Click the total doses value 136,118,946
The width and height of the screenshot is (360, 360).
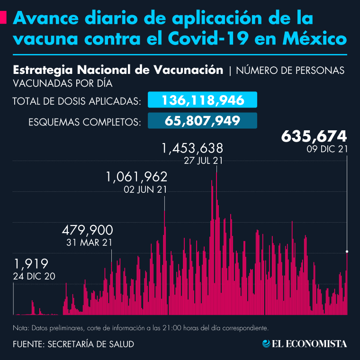click(203, 100)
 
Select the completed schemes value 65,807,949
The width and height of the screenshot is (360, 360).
click(203, 120)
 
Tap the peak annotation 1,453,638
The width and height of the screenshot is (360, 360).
click(192, 149)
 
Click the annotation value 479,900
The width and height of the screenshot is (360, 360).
click(87, 231)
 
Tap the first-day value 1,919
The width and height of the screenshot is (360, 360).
click(31, 264)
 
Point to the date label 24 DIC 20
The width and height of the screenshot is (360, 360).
click(35, 275)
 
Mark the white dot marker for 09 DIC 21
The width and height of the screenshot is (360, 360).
click(347, 251)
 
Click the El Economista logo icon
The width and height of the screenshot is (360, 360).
click(266, 344)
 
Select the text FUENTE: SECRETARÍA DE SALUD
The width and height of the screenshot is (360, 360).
click(73, 344)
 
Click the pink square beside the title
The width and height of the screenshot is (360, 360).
click(3, 18)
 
